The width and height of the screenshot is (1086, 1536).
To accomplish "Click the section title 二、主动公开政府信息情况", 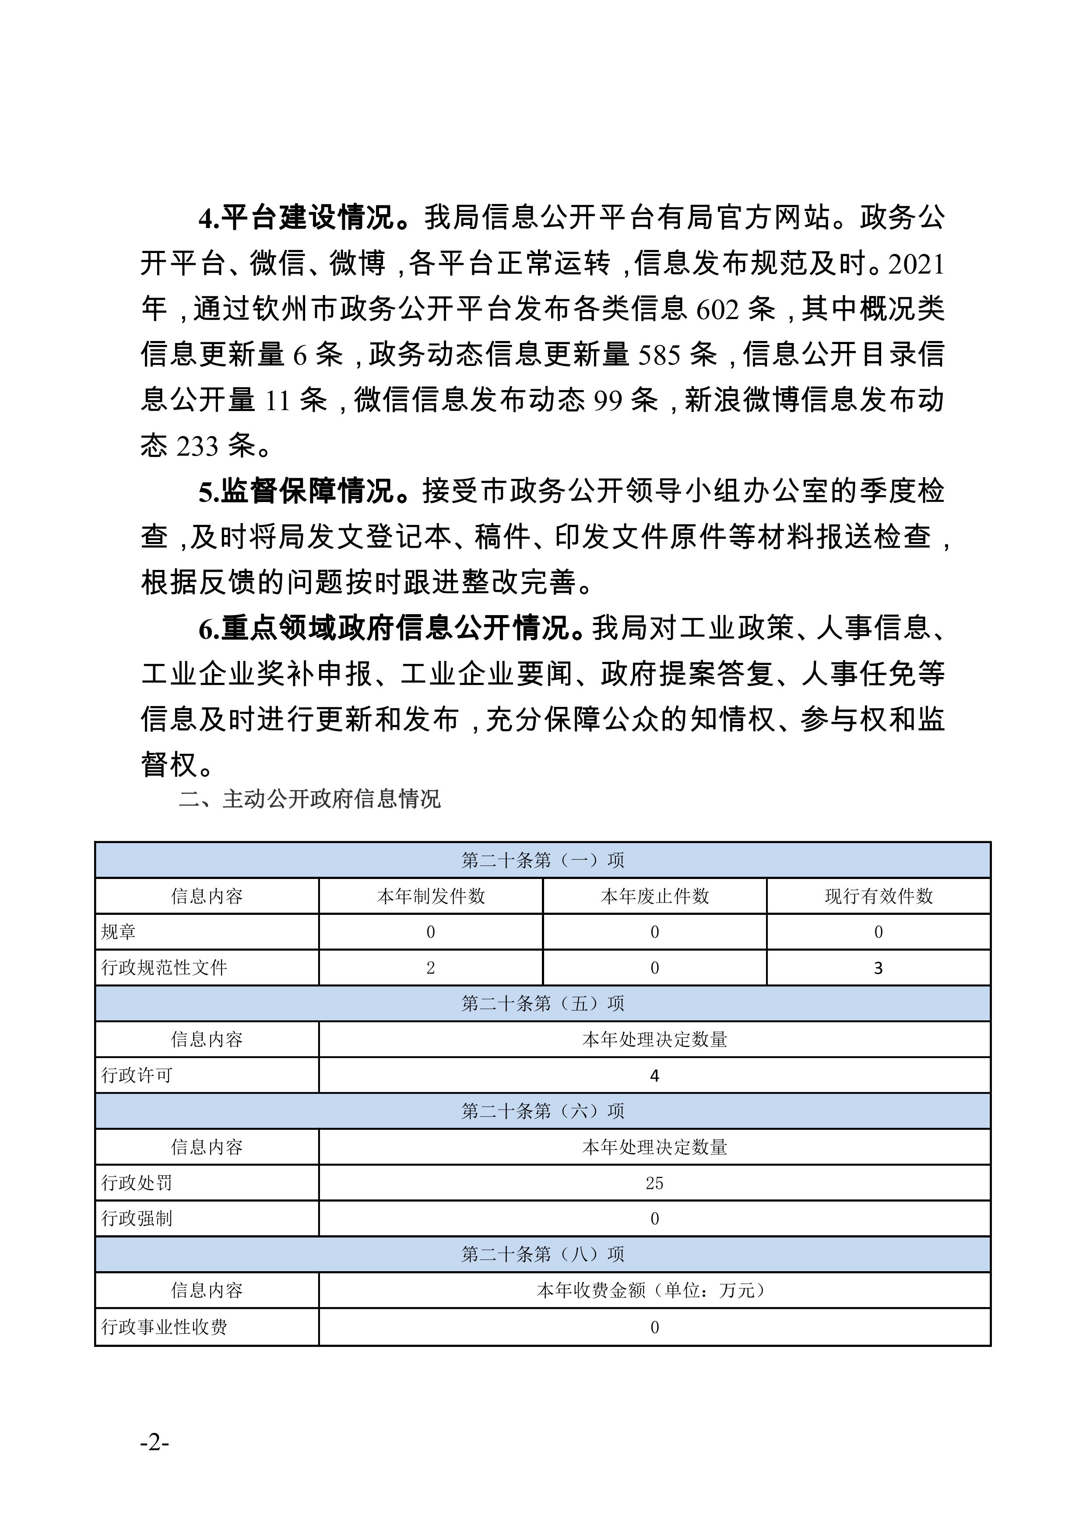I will [310, 799].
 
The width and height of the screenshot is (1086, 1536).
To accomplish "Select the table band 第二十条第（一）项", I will [543, 860].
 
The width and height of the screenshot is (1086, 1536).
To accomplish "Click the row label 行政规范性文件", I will [164, 968].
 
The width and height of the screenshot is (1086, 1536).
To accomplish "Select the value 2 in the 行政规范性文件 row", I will [431, 968].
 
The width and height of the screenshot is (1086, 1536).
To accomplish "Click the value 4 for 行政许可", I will [654, 1076].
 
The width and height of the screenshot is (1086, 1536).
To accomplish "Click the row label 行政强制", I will [137, 1219].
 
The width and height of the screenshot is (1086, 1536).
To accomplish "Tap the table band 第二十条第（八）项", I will [543, 1255].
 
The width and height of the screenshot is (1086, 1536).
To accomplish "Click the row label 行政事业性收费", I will [164, 1327].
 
